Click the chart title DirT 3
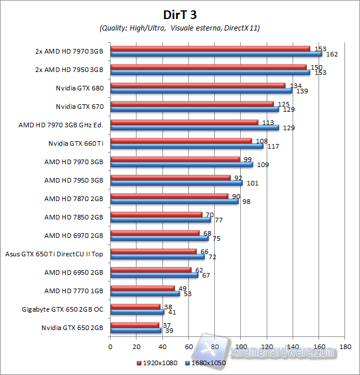click(180, 13)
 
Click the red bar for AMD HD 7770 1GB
click(142, 288)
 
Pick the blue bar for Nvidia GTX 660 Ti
click(187, 146)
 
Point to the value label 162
click(331, 55)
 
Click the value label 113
click(268, 122)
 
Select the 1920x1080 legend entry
click(157, 363)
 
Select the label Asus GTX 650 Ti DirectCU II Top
click(54, 253)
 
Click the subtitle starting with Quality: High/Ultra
click(180, 28)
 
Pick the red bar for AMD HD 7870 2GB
click(169, 196)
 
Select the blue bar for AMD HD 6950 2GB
click(154, 275)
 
